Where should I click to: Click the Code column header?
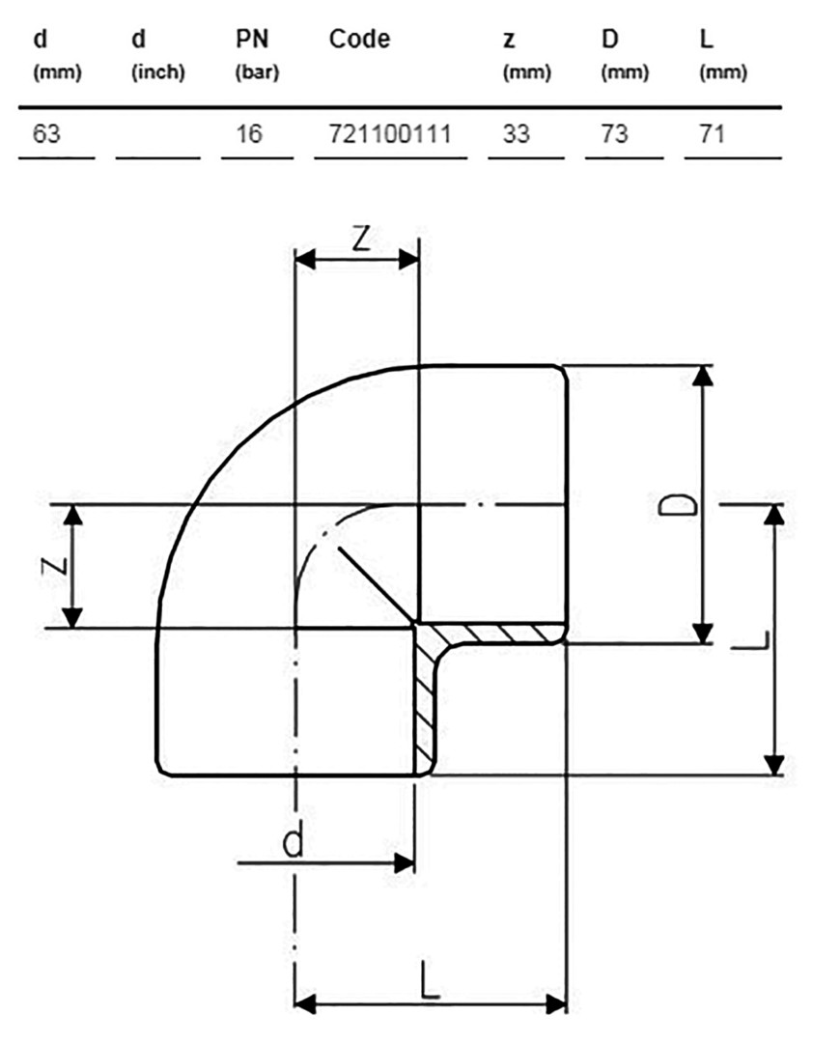click(x=359, y=40)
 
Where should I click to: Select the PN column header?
click(x=256, y=54)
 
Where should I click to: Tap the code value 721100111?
click(x=390, y=134)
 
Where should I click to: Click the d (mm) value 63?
click(x=46, y=134)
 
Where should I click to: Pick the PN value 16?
click(x=249, y=134)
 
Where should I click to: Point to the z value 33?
click(x=517, y=134)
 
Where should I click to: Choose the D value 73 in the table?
click(x=614, y=134)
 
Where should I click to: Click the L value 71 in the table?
click(x=712, y=134)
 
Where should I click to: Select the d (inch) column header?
click(x=157, y=54)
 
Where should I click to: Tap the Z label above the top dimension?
click(x=360, y=239)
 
